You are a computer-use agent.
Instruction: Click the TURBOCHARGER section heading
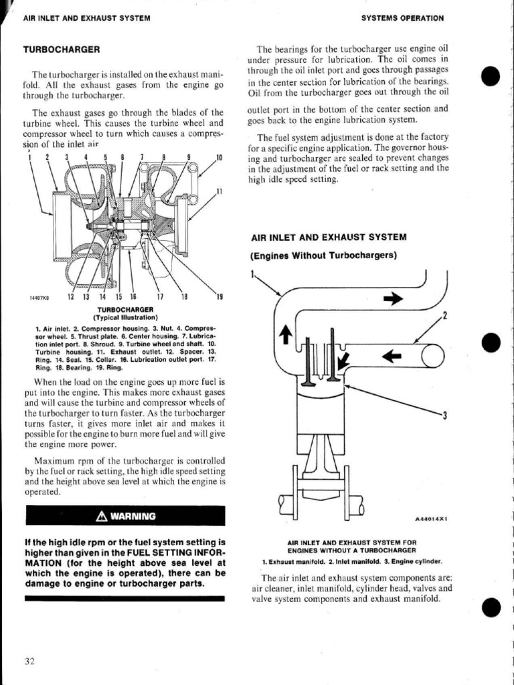coord(62,50)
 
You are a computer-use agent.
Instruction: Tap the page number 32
coord(29,662)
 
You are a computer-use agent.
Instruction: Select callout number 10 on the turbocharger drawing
coord(219,158)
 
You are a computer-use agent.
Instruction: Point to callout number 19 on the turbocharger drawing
coord(218,297)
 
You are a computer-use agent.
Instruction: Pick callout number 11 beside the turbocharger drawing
coord(219,193)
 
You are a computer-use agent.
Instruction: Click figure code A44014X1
coord(431,518)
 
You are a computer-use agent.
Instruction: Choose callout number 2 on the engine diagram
coord(444,316)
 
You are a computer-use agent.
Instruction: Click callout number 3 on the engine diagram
coord(444,416)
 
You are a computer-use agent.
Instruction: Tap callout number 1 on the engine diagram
coord(252,274)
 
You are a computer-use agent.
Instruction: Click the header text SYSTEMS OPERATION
coord(402,18)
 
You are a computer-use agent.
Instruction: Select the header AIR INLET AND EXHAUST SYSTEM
coord(86,18)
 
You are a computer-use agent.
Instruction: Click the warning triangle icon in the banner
coord(101,516)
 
